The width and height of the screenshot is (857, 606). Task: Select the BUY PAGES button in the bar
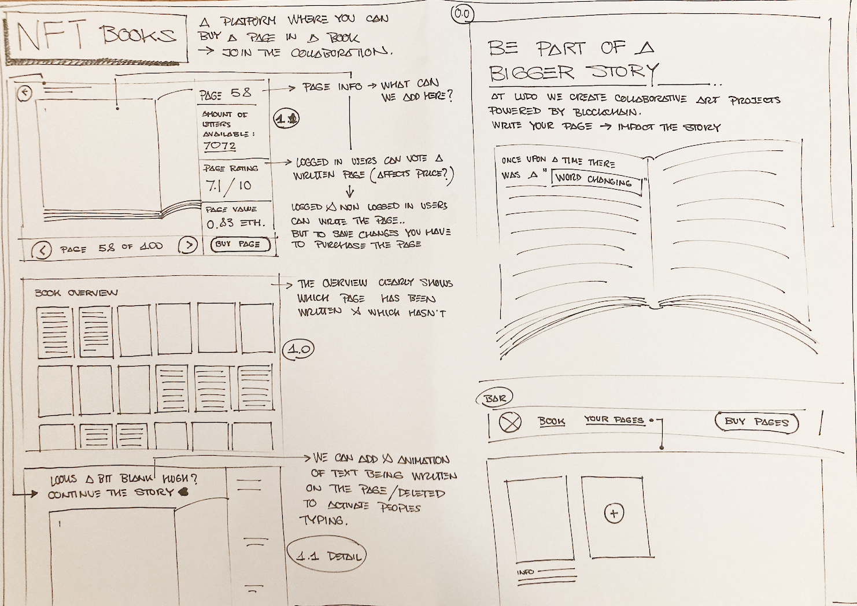[756, 422]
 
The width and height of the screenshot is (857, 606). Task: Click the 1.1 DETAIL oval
[327, 556]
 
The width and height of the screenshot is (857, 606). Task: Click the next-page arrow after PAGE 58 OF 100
[187, 246]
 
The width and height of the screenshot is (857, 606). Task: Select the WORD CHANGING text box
[597, 181]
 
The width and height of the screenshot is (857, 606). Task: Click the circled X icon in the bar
[510, 423]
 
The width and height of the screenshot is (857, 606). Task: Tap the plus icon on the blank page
[614, 513]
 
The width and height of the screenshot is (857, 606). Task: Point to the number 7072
[220, 146]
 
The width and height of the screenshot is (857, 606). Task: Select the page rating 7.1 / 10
[228, 186]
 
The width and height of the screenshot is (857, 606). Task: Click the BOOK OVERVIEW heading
[76, 293]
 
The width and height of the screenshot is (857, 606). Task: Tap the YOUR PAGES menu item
[614, 419]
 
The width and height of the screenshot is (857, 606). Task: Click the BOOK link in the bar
[551, 422]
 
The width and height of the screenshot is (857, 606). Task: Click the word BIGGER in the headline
[531, 73]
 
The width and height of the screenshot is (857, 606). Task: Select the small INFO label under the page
[525, 572]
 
